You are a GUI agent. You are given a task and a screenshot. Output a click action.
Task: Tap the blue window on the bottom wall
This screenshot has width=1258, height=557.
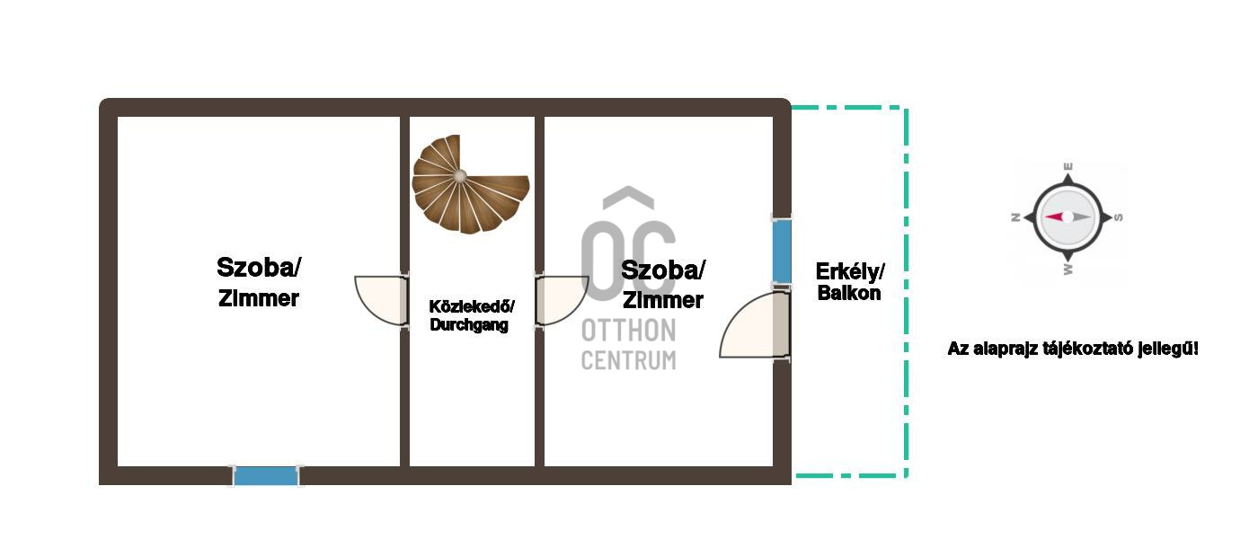tap(266, 476)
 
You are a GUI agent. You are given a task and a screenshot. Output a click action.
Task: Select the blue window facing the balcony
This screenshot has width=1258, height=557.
tap(782, 251)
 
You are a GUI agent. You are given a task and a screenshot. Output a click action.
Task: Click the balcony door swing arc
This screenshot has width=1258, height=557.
tap(754, 324)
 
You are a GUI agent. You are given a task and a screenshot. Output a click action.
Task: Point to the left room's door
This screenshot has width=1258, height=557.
tap(381, 300)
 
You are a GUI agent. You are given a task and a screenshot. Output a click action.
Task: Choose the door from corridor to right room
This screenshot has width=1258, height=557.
tap(563, 300)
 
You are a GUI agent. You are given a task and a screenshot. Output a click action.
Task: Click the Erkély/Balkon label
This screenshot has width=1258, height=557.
tap(850, 282)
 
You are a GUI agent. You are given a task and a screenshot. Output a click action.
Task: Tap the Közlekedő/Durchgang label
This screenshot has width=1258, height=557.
tap(471, 315)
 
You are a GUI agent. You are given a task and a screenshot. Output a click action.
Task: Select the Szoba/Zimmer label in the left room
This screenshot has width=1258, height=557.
tap(259, 282)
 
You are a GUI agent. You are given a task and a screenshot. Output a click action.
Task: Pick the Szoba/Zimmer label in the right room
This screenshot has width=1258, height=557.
tap(663, 285)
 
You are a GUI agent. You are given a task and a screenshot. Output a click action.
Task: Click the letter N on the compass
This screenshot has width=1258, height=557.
tap(1015, 217)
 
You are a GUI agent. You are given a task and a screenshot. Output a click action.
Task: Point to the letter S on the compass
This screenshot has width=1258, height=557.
tap(1118, 217)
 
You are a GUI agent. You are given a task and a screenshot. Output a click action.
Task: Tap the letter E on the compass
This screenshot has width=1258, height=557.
tap(1068, 166)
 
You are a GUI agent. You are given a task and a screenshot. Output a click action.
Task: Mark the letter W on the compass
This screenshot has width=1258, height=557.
tap(1068, 269)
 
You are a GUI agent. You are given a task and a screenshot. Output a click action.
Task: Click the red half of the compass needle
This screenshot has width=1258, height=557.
tap(1055, 217)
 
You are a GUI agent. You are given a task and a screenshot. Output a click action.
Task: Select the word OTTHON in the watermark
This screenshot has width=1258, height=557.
tap(628, 331)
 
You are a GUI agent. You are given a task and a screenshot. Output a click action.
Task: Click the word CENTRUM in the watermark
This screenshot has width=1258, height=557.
tap(628, 360)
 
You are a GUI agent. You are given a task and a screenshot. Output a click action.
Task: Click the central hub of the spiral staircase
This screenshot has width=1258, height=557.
tap(460, 176)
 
